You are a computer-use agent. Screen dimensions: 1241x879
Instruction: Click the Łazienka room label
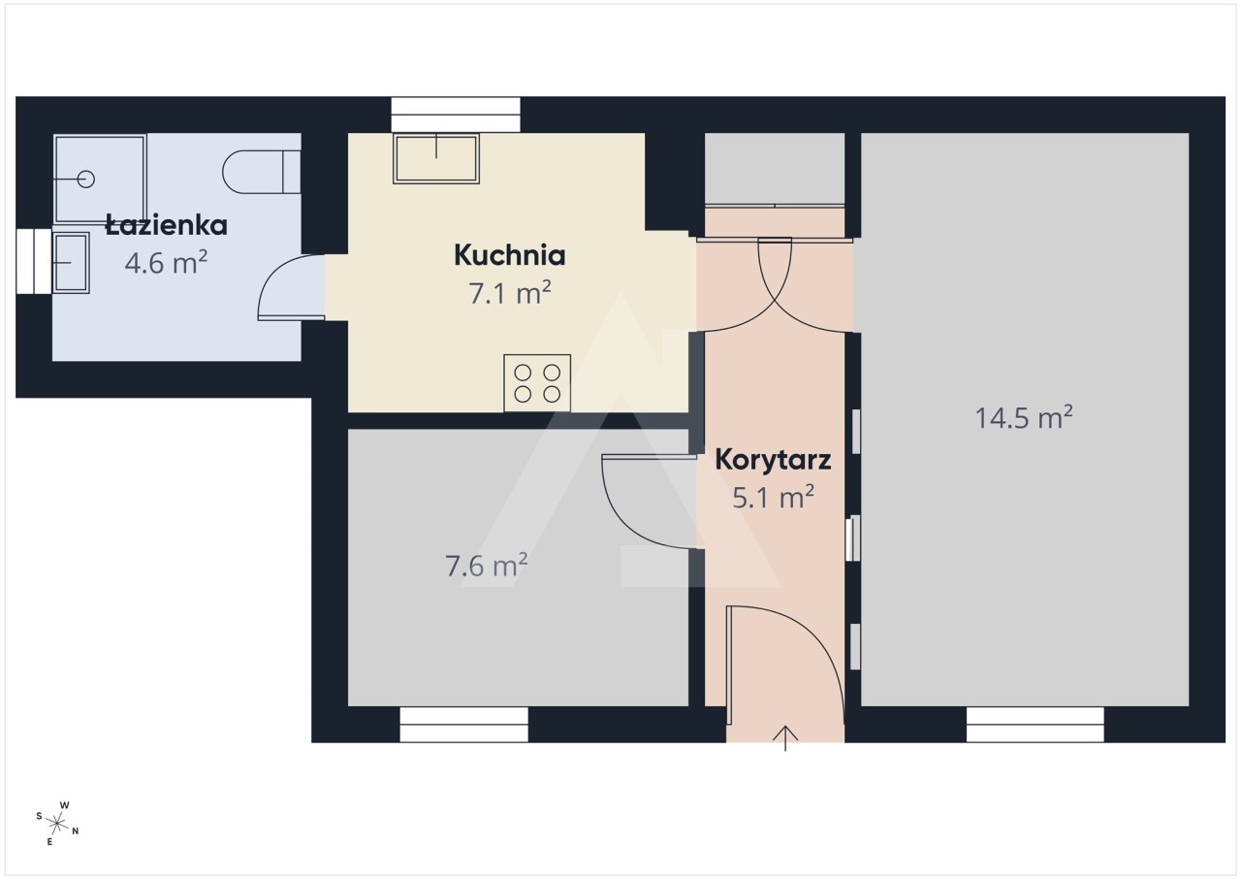coord(166,225)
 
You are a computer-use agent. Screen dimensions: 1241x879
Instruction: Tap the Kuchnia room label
coord(510,255)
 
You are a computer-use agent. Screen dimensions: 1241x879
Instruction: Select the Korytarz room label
coord(773,460)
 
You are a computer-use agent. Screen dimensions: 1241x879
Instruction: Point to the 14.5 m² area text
coord(1024,417)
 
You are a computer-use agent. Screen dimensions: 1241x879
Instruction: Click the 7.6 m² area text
coord(487,566)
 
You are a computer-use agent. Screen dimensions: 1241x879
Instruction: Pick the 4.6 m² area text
coord(166,262)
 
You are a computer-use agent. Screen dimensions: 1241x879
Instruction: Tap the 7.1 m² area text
coord(510,292)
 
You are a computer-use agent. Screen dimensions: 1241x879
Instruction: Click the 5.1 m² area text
coord(773,497)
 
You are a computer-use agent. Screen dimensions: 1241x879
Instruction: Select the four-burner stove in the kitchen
coord(537,383)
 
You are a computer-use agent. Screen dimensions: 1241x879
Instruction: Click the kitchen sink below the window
coord(436,158)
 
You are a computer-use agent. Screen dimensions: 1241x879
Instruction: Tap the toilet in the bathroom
coord(262,172)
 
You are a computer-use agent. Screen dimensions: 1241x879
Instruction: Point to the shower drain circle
coord(86,179)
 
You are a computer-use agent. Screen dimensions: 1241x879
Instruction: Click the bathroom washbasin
coord(71,263)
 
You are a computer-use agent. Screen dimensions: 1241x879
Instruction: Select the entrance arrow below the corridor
coord(785,738)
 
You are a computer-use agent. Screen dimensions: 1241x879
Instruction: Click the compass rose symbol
coord(57,824)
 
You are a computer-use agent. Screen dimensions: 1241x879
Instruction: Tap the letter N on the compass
coord(76,830)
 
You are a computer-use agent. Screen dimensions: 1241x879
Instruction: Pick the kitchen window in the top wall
coord(456,114)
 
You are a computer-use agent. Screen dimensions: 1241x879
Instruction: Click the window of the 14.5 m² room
coord(1034,725)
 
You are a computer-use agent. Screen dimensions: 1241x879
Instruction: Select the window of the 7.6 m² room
coord(463,725)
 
